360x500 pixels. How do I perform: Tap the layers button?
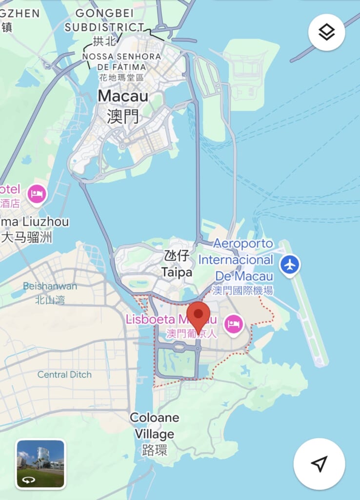pyautogui.click(x=326, y=33)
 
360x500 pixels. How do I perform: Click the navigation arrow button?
pyautogui.click(x=319, y=464)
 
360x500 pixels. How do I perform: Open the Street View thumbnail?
pyautogui.click(x=40, y=463)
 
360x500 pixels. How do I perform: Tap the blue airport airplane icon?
pyautogui.click(x=290, y=265)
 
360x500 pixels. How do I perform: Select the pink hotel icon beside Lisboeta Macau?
pyautogui.click(x=234, y=324)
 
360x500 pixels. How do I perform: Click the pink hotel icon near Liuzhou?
pyautogui.click(x=37, y=194)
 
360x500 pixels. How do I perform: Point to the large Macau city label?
pyautogui.click(x=123, y=96)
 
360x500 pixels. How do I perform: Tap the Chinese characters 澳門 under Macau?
pyautogui.click(x=123, y=117)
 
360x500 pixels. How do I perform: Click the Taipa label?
pyautogui.click(x=177, y=272)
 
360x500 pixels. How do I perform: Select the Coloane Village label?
pyautogui.click(x=154, y=426)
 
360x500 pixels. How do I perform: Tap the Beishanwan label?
pyautogui.click(x=50, y=286)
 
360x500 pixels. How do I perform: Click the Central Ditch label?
pyautogui.click(x=64, y=375)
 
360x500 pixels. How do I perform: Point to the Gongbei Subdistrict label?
pyautogui.click(x=104, y=20)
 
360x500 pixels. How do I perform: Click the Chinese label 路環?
pyautogui.click(x=154, y=450)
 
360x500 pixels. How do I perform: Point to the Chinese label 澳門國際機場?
pyautogui.click(x=242, y=291)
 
